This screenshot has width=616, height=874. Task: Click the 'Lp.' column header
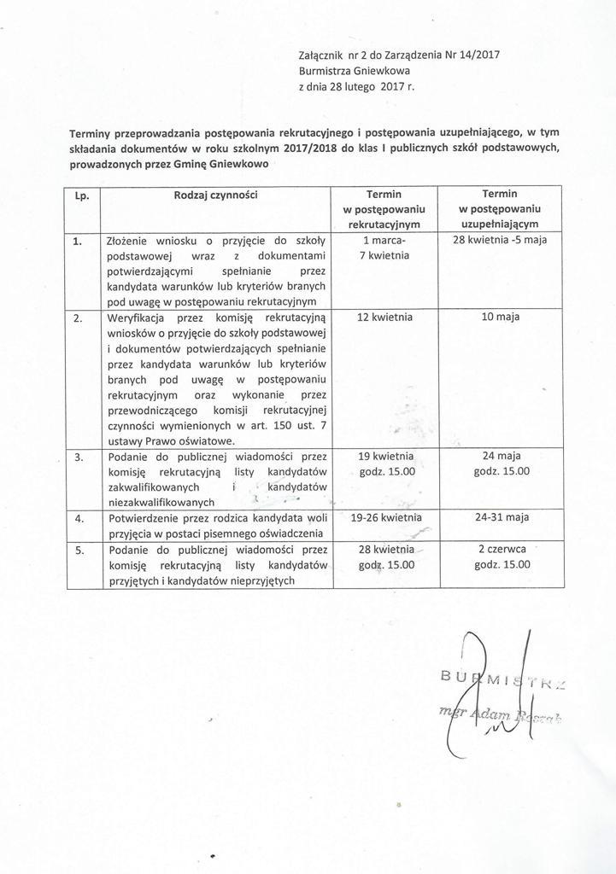pyautogui.click(x=83, y=195)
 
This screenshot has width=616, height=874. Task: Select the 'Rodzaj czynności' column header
pyautogui.click(x=215, y=195)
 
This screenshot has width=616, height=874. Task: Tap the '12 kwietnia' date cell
pyautogui.click(x=384, y=317)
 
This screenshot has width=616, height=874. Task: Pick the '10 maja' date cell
pyautogui.click(x=501, y=317)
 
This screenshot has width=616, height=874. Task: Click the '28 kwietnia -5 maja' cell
pyautogui.click(x=501, y=240)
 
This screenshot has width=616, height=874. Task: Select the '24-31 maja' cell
pyautogui.click(x=501, y=517)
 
